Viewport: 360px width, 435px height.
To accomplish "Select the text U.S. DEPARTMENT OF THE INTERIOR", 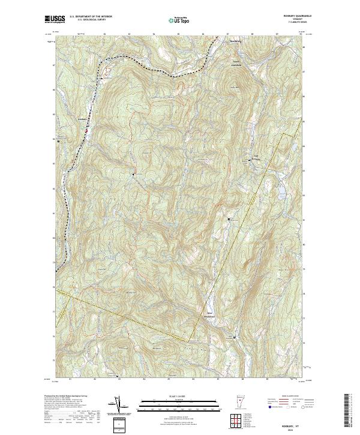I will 91,17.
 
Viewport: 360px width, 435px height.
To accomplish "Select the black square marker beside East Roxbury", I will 250,160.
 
